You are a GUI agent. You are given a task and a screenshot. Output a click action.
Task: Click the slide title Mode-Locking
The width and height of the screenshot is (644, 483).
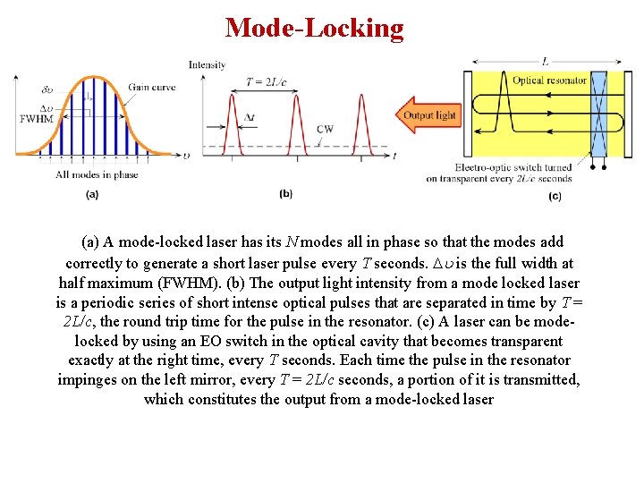[315, 28]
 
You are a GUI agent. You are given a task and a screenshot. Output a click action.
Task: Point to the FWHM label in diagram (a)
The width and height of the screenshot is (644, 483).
[34, 117]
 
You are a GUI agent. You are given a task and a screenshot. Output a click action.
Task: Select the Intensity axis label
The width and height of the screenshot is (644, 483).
[207, 64]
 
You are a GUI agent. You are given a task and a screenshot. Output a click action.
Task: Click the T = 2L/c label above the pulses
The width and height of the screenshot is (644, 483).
[266, 82]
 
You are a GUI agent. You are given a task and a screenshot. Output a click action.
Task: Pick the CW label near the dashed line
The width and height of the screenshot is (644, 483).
[325, 129]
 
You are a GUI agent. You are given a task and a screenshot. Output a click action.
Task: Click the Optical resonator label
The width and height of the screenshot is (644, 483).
[549, 80]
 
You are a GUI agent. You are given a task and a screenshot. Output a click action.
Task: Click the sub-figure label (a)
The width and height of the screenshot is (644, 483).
[91, 193]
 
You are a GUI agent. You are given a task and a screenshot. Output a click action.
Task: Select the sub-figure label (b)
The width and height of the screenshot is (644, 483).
[286, 193]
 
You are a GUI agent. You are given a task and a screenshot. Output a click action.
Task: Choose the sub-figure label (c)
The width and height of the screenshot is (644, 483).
[555, 196]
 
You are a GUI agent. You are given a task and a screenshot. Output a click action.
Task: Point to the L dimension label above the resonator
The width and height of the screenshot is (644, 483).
[546, 62]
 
